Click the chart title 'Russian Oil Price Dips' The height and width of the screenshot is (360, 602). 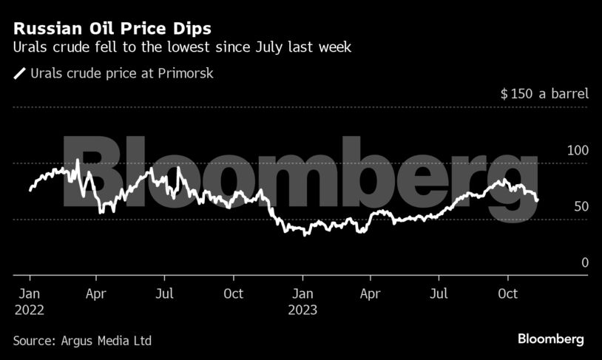(112, 29)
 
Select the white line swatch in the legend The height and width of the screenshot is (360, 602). (18, 73)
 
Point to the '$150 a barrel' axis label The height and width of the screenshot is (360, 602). (544, 94)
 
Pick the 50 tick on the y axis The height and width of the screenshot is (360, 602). (581, 206)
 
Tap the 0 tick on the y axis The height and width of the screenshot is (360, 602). (585, 262)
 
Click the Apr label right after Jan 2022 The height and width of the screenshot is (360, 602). (96, 293)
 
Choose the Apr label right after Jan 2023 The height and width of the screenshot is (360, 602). (370, 293)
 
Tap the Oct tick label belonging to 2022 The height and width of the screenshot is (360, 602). (233, 293)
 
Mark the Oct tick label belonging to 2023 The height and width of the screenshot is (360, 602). (507, 293)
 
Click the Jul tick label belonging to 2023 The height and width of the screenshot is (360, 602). (439, 293)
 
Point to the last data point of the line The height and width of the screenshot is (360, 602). (537, 200)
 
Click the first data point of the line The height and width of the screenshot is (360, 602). (30, 191)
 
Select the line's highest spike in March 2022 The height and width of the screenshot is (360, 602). (78, 160)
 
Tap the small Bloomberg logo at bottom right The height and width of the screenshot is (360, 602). (550, 339)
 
